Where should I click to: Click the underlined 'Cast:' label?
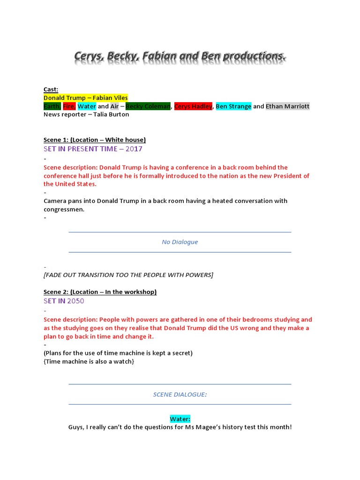click(x=51, y=90)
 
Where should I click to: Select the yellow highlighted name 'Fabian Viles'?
click(x=111, y=98)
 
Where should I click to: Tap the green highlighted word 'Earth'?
click(x=52, y=106)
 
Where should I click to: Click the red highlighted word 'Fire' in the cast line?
click(x=69, y=106)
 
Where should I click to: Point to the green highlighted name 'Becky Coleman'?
click(x=148, y=106)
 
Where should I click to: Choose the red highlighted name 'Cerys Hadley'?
click(x=193, y=106)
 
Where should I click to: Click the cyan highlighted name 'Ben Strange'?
click(x=233, y=106)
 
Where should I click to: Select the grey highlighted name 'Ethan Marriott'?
click(x=287, y=106)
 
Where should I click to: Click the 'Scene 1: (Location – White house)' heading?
click(x=95, y=140)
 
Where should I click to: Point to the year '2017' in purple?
click(x=134, y=149)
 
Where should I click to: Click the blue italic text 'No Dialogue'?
click(x=180, y=242)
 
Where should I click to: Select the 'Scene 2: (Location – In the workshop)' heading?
click(x=100, y=292)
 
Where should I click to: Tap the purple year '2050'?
click(x=75, y=301)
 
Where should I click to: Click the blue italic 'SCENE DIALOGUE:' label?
click(x=180, y=394)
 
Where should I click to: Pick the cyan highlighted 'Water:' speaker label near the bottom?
click(x=180, y=419)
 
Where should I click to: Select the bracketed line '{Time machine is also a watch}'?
click(x=89, y=361)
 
